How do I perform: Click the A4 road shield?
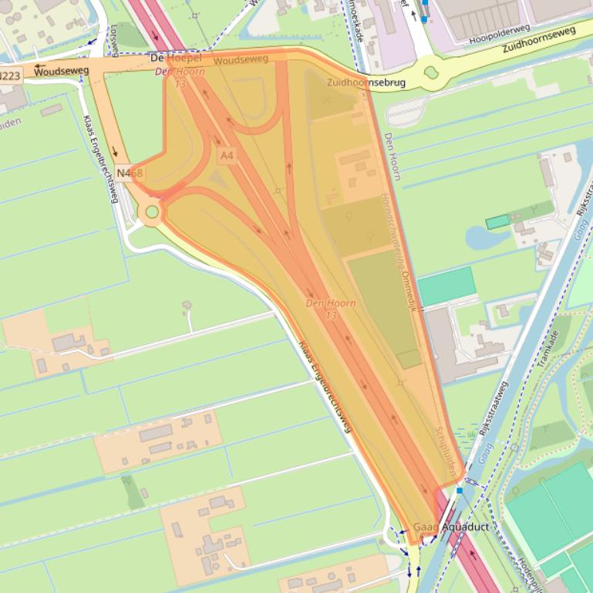226,156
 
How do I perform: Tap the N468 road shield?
130,173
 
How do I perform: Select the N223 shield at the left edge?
10,75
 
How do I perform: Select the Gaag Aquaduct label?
451,527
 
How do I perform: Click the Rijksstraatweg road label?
494,409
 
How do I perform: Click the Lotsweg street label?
115,40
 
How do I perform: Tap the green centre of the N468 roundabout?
152,212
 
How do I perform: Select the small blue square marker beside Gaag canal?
460,490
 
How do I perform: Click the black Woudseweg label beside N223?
62,71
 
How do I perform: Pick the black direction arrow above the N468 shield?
115,152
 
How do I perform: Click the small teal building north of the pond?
497,222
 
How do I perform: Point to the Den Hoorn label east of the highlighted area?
392,156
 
